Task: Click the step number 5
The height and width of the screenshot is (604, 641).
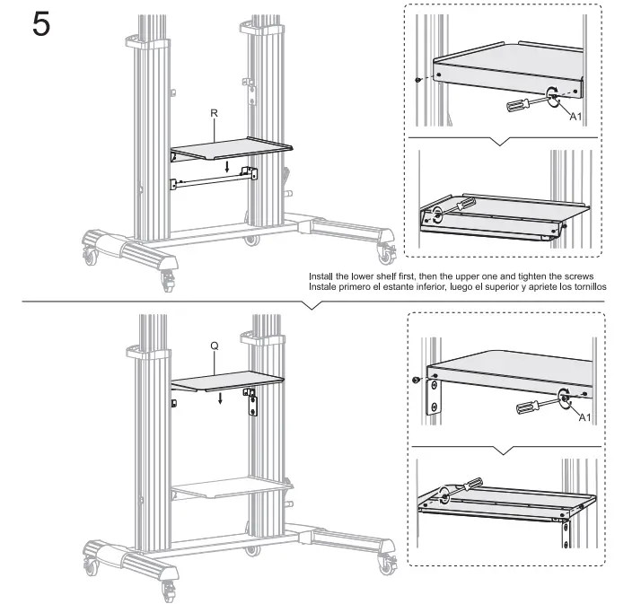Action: (41, 24)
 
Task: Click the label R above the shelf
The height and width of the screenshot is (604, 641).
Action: (214, 113)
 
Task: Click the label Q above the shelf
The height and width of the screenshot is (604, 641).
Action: (215, 345)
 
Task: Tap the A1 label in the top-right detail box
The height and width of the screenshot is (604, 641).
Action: (577, 117)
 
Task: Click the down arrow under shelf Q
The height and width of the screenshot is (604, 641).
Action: (221, 398)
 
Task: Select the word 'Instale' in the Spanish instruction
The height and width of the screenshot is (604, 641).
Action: (325, 287)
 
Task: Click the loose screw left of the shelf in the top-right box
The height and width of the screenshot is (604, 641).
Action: (419, 80)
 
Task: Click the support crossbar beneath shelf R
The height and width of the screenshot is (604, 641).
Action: (215, 179)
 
